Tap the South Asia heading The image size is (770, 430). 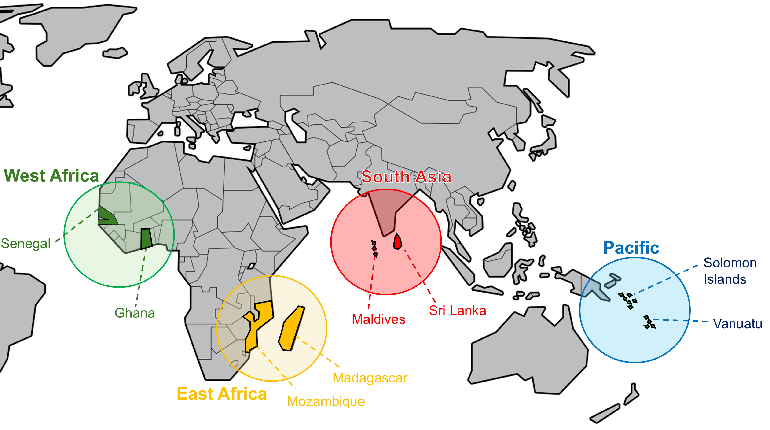406,177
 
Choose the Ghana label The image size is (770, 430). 135,313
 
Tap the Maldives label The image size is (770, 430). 378,319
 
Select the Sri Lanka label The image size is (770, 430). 457,311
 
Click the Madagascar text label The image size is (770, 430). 370,378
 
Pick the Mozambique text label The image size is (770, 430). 326,401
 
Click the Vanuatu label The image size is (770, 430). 737,324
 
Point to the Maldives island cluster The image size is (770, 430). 374,248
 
